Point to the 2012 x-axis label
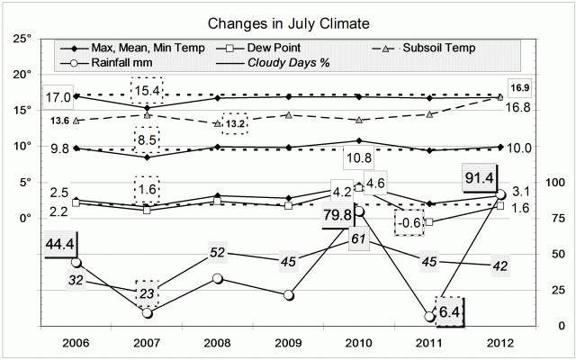tap(502, 343)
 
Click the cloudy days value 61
tap(355, 237)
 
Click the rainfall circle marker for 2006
tap(75, 263)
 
